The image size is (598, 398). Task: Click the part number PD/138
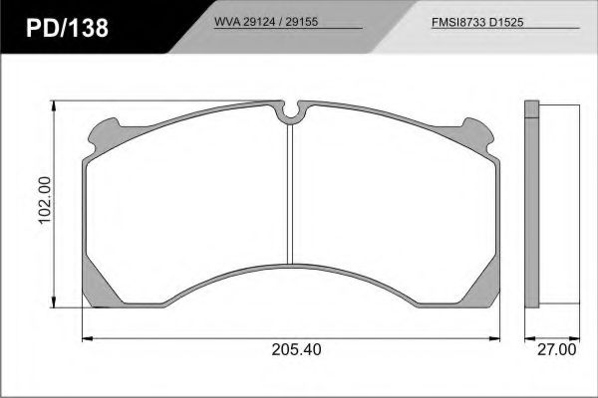tap(67, 28)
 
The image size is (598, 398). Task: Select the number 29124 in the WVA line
tap(258, 22)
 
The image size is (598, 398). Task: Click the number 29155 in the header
tap(302, 22)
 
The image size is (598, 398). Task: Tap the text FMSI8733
tap(458, 23)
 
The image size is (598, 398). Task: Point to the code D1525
tap(506, 23)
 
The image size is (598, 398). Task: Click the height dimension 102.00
tap(44, 200)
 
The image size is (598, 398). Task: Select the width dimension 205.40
tap(296, 349)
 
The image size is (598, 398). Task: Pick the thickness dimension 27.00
tap(557, 349)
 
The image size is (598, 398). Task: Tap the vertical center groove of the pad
tap(290, 194)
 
